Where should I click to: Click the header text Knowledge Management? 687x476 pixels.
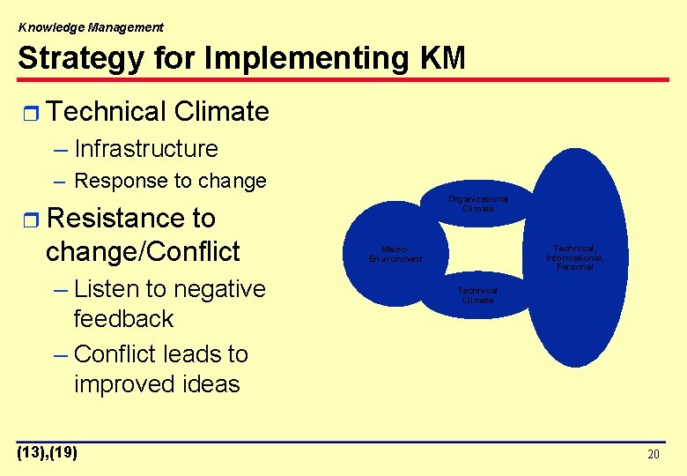point(91,27)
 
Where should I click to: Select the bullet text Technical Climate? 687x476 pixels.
point(158,112)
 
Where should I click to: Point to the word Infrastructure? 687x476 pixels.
point(146,149)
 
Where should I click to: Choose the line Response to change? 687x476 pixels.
point(171,181)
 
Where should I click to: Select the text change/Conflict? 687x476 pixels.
point(143,251)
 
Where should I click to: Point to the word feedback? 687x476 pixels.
point(123,318)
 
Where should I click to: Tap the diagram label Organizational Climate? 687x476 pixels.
point(477,204)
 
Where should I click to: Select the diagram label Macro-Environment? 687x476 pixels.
point(395,254)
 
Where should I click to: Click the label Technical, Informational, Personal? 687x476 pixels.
point(574,257)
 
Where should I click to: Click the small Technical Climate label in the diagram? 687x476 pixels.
point(477,295)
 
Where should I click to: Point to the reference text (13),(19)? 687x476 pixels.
point(48,453)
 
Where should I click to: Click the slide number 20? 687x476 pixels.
point(653,455)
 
